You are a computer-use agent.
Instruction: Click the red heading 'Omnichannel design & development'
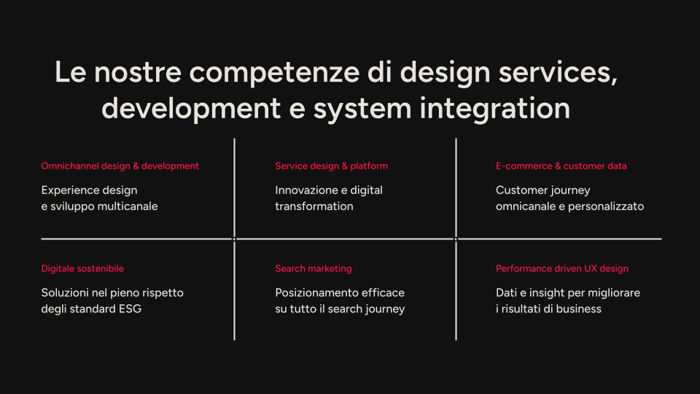(x=120, y=166)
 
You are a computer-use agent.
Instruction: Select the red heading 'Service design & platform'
(x=331, y=166)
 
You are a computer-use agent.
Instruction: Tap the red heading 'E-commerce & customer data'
(x=561, y=166)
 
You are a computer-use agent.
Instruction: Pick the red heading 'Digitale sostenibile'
(x=82, y=269)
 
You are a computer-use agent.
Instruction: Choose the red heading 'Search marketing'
(x=314, y=269)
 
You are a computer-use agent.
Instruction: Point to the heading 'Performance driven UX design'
(x=562, y=269)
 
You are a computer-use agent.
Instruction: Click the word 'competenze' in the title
(x=275, y=73)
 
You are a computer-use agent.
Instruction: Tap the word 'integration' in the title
(x=494, y=109)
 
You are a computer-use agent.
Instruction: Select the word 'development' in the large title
(x=191, y=109)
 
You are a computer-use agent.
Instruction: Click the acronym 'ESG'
(x=130, y=309)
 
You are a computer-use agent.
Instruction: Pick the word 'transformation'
(x=314, y=206)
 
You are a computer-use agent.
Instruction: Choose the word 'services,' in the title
(x=558, y=73)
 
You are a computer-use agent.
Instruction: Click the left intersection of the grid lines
(x=234, y=239)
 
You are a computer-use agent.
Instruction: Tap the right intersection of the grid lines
(x=456, y=239)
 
